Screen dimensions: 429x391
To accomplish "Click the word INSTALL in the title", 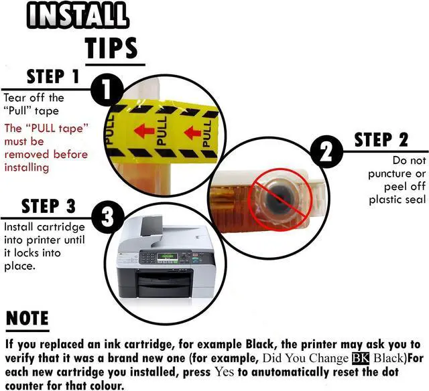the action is tap(78, 15).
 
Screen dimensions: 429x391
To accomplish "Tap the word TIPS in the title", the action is tap(111, 48).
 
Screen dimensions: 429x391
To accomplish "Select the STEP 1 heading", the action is tap(53, 76).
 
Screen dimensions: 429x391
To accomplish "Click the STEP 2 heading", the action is tap(381, 140).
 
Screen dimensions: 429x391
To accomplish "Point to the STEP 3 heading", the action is tap(48, 206).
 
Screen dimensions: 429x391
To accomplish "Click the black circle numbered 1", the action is tap(106, 89).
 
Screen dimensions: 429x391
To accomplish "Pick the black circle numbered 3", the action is tap(107, 218).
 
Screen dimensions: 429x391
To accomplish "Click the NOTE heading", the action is tap(27, 318).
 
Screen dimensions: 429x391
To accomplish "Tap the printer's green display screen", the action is tap(167, 257).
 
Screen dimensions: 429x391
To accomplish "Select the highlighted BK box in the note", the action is tap(361, 358).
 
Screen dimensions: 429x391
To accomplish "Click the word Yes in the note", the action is tap(224, 372).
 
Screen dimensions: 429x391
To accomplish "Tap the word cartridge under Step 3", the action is tap(61, 228).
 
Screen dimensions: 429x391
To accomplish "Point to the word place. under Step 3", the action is tap(19, 266).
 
